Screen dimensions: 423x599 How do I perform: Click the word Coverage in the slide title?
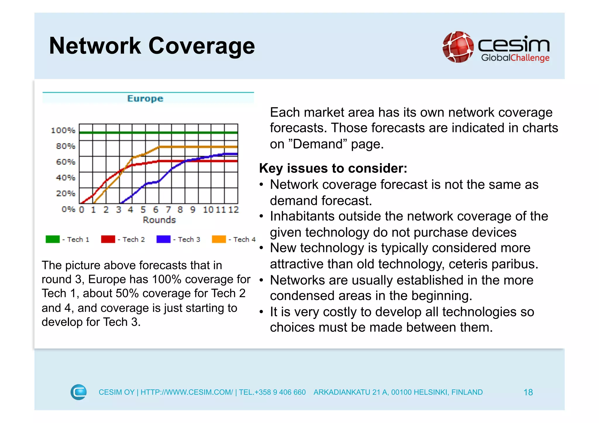202,46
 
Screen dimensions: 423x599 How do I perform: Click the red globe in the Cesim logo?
458,47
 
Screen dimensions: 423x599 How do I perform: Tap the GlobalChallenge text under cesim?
515,58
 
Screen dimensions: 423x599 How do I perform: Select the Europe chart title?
145,99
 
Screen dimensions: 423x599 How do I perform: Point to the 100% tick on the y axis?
63,130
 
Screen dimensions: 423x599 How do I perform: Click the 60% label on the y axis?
66,162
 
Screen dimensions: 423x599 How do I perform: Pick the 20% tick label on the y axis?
66,194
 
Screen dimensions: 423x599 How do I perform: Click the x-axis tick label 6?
156,210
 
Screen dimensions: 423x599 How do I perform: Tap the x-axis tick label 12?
233,210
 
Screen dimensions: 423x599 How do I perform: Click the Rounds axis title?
159,220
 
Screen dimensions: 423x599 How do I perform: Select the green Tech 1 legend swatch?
53,239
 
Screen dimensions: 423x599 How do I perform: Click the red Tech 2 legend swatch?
108,239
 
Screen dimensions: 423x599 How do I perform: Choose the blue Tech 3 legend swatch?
163,239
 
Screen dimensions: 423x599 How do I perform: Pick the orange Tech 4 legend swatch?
219,239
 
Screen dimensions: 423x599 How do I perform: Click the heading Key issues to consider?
333,168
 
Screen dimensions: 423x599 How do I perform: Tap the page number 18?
528,392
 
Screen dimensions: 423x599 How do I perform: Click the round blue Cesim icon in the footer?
79,392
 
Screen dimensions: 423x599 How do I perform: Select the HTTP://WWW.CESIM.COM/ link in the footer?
187,392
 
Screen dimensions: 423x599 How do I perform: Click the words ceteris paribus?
493,264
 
